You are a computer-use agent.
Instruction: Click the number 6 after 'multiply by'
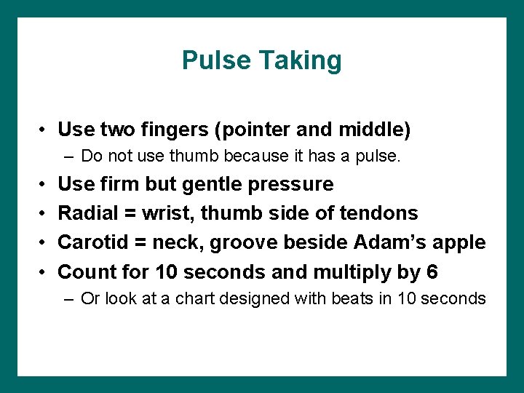(432, 271)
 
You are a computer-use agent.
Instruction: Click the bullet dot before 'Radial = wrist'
(44, 213)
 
